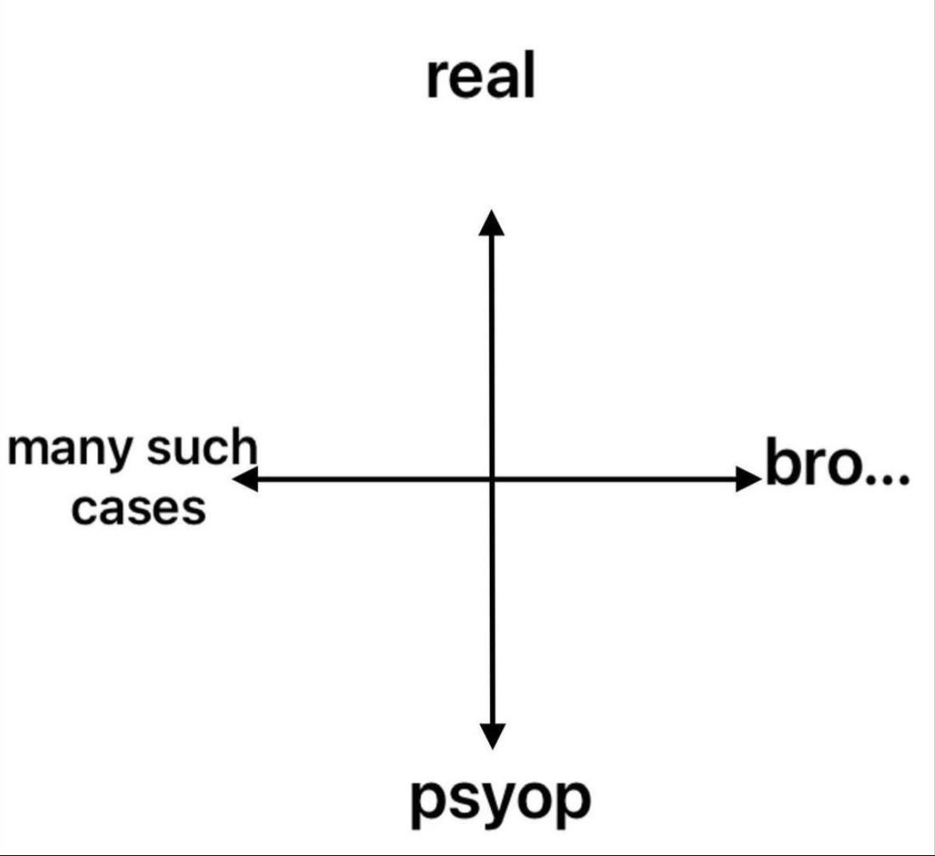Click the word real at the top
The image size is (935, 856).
[x=480, y=77]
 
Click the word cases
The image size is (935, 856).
[x=138, y=508]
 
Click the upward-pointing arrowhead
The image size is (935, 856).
[x=491, y=222]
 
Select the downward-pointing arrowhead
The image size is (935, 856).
[x=492, y=735]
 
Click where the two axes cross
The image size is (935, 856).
[x=491, y=480]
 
